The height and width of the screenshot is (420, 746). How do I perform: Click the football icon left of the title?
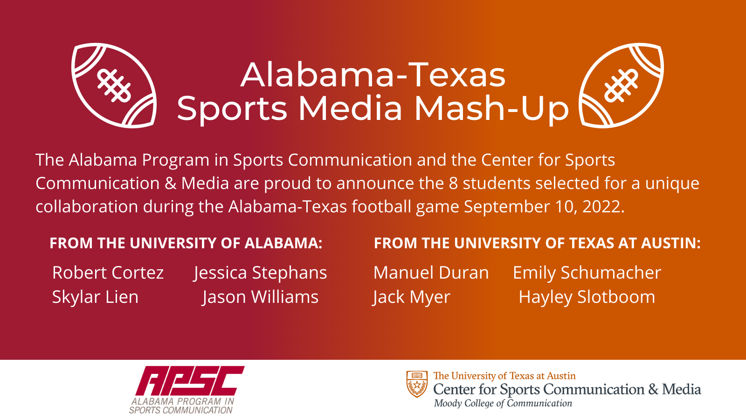click(114, 85)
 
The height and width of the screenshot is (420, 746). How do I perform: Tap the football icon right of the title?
click(622, 85)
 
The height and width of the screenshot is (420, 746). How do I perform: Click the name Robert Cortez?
click(108, 273)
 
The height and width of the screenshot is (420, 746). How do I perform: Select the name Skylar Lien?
click(95, 297)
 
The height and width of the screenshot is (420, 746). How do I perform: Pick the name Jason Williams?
click(260, 297)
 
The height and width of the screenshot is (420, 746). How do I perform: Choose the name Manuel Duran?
click(431, 273)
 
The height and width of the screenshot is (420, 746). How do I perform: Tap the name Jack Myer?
click(411, 297)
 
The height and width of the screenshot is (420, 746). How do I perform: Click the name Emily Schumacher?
click(587, 273)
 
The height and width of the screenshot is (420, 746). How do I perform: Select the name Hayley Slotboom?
click(587, 297)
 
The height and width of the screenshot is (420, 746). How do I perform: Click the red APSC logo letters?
click(190, 381)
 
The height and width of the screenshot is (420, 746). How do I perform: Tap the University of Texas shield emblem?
click(417, 384)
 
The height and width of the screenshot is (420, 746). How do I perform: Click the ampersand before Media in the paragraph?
click(170, 183)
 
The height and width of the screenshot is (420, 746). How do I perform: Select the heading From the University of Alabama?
click(186, 243)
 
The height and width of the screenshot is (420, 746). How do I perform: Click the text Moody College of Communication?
click(503, 403)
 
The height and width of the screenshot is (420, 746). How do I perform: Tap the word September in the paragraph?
click(507, 207)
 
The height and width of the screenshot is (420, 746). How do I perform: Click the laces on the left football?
click(114, 86)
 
